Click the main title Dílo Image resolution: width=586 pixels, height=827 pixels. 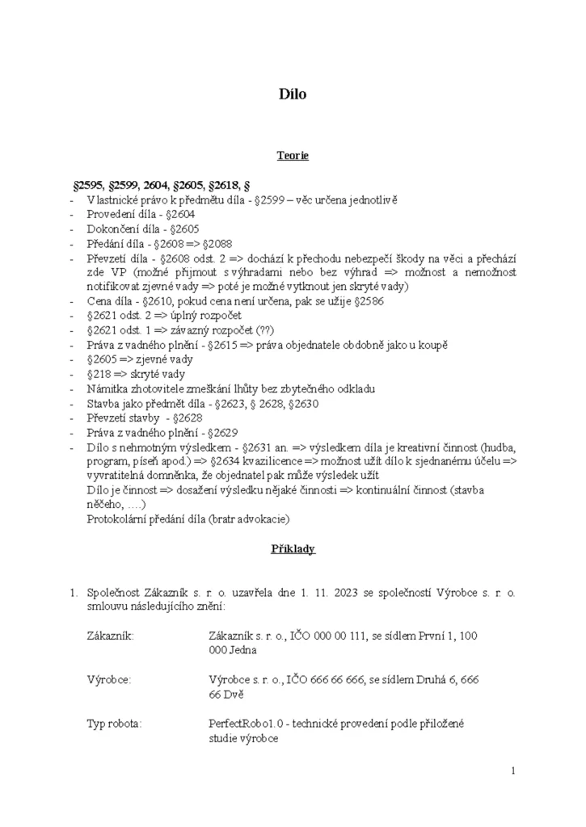293,94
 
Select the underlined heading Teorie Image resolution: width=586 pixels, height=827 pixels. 293,156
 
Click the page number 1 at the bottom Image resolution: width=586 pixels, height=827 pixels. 513,771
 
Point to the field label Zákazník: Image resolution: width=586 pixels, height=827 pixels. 110,636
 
